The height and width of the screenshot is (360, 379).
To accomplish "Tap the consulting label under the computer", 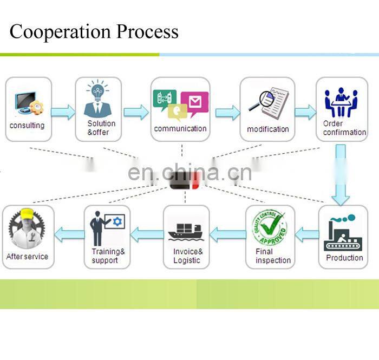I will click(x=27, y=126).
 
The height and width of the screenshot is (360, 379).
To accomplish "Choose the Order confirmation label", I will click(x=344, y=128).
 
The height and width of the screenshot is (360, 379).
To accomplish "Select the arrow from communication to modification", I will click(x=227, y=113).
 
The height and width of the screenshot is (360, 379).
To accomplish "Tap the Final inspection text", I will click(x=273, y=256).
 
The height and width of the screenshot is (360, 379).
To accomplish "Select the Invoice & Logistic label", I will click(x=187, y=256).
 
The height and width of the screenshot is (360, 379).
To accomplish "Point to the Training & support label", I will click(x=108, y=256).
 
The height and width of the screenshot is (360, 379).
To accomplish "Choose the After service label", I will click(x=27, y=257).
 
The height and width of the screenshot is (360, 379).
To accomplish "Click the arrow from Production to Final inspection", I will click(x=307, y=235).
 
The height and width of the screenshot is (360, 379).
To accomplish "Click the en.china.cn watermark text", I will click(x=190, y=173).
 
